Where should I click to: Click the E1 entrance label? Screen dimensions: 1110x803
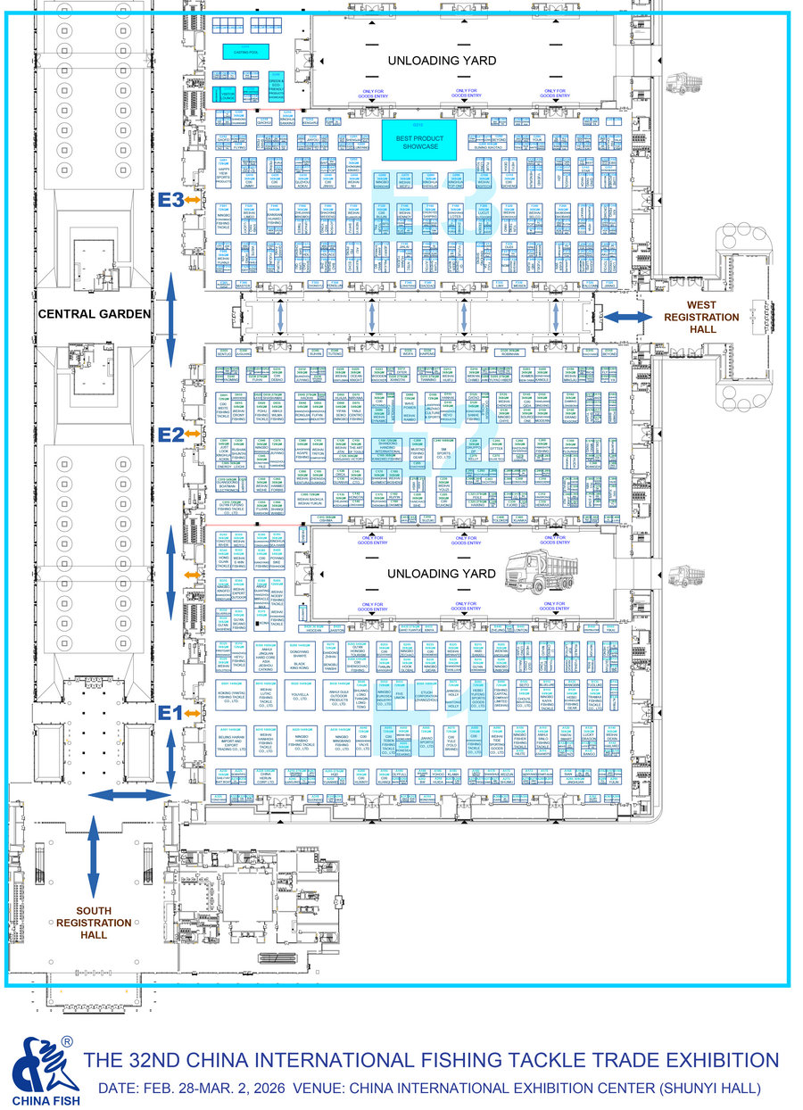click(x=170, y=712)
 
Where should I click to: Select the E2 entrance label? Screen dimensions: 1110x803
click(x=170, y=435)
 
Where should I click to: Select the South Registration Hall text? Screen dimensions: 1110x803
click(x=94, y=923)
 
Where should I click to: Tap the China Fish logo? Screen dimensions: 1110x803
click(x=45, y=1071)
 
